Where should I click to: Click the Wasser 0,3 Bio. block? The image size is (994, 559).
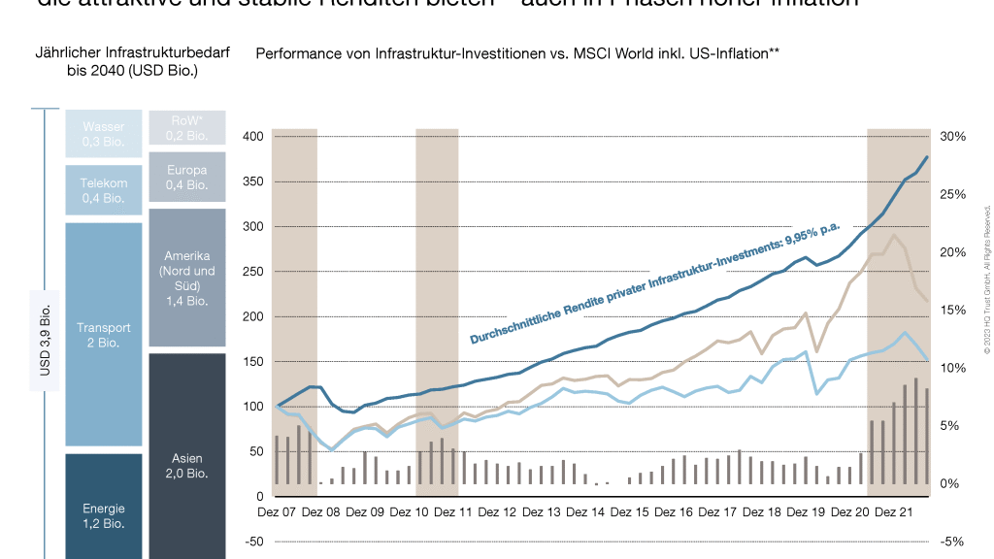[103, 134]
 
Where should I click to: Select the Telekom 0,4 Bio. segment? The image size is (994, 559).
[103, 190]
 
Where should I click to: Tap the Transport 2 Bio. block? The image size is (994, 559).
[103, 335]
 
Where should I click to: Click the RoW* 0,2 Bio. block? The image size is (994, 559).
[187, 127]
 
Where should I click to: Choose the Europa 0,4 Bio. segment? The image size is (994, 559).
[187, 178]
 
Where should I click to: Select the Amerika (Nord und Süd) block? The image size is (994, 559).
[187, 278]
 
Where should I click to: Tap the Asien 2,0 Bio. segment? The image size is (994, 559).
[187, 465]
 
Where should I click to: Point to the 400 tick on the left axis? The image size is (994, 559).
[254, 137]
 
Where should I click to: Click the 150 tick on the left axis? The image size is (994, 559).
[254, 362]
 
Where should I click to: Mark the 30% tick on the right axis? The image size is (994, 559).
[953, 137]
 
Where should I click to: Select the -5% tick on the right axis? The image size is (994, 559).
[953, 542]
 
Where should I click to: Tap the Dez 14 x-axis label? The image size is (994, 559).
[585, 512]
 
